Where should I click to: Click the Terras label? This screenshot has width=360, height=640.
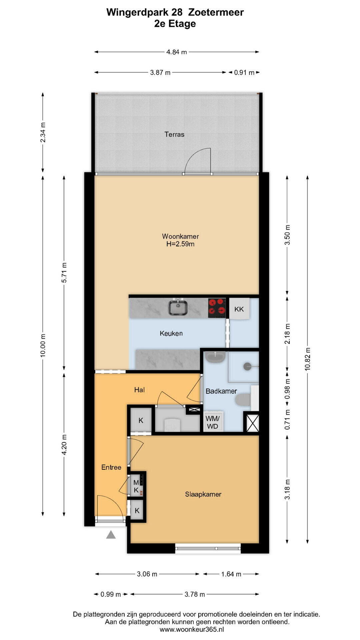coord(174,134)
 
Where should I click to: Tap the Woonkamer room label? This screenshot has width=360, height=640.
coord(180,236)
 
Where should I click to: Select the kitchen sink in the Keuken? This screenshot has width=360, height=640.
coord(178,307)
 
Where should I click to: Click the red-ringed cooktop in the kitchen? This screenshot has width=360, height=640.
coord(217,308)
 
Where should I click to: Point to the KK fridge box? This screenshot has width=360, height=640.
coord(239,309)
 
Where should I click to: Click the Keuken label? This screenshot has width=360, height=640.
coord(171,333)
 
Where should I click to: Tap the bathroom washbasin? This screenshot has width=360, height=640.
coord(216,357)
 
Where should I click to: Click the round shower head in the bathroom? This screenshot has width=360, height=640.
coord(247,366)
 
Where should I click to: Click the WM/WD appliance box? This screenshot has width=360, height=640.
coord(212,422)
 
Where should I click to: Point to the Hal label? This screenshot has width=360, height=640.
coord(139,390)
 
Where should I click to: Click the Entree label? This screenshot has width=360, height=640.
coord(111,467)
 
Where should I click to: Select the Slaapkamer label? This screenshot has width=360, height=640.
coord(203,494)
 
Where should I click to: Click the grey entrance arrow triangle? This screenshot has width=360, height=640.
coord(111,535)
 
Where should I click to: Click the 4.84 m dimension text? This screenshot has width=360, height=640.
coord(177,52)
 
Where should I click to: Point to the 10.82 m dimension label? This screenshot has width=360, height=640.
coord(307,359)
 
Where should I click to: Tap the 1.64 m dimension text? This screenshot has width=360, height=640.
coord(231,574)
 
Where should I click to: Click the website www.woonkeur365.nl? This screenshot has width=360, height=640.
coord(192,630)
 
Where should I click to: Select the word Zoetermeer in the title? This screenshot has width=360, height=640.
coord(216,12)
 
